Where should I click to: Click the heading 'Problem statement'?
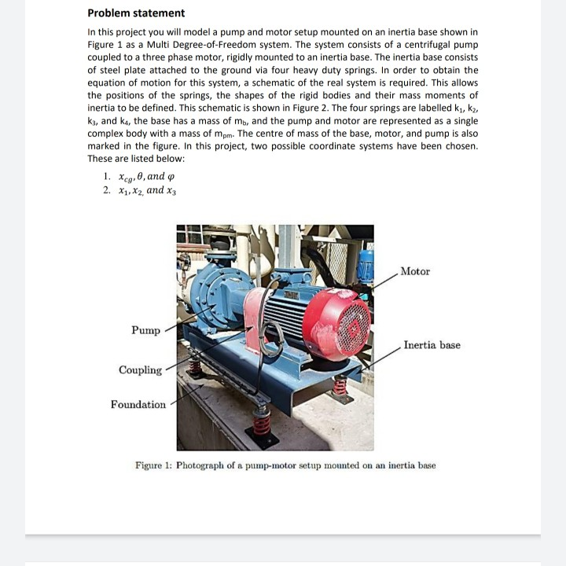click(136, 13)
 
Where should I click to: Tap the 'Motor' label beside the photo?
click(414, 271)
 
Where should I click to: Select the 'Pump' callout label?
click(145, 330)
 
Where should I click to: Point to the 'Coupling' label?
click(140, 369)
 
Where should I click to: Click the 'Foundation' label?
click(138, 405)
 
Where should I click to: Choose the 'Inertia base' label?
click(432, 345)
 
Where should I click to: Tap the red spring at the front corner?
click(263, 425)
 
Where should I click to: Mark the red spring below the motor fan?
click(340, 386)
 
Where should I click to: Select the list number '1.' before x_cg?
click(107, 176)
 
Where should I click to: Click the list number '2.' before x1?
click(107, 190)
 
